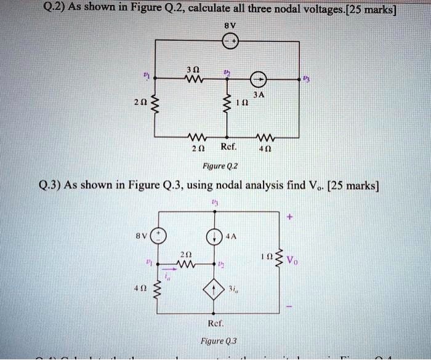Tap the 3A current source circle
point(259,78)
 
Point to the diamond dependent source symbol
point(215,287)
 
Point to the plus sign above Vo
point(289,217)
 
